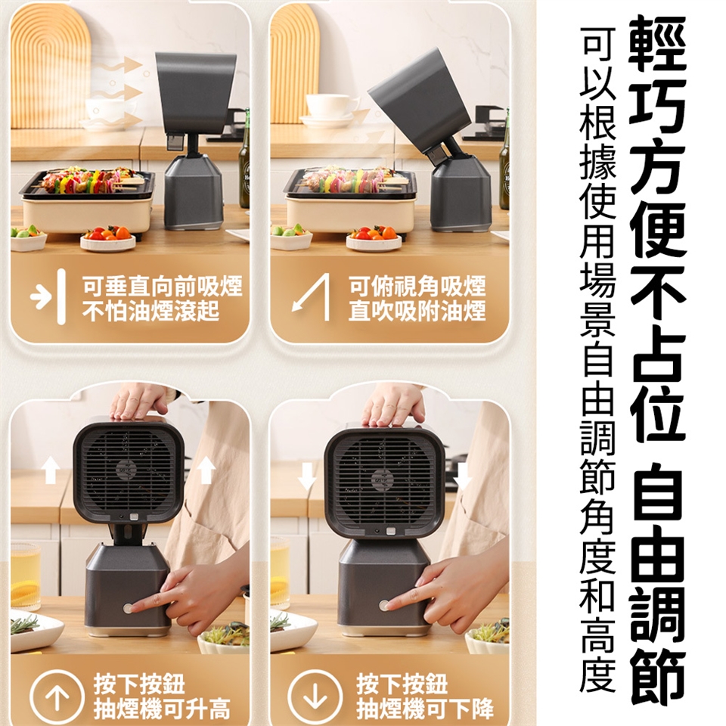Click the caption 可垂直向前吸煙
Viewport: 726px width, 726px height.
(x=162, y=286)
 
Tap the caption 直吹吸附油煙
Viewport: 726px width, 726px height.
(x=417, y=310)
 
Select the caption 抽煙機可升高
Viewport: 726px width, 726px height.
(x=162, y=708)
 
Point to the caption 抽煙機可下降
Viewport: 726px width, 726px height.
(x=425, y=708)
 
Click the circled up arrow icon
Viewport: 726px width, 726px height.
(x=57, y=696)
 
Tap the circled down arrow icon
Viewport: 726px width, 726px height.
(x=315, y=696)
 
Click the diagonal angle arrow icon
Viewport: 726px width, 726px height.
(x=311, y=296)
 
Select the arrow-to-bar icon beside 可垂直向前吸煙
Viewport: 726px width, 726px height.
(x=48, y=296)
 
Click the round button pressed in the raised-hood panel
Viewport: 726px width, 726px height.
(x=129, y=608)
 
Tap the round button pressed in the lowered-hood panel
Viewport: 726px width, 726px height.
(x=384, y=605)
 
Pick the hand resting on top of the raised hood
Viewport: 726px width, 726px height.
(x=139, y=401)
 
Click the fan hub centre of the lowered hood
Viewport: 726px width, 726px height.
(x=383, y=480)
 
